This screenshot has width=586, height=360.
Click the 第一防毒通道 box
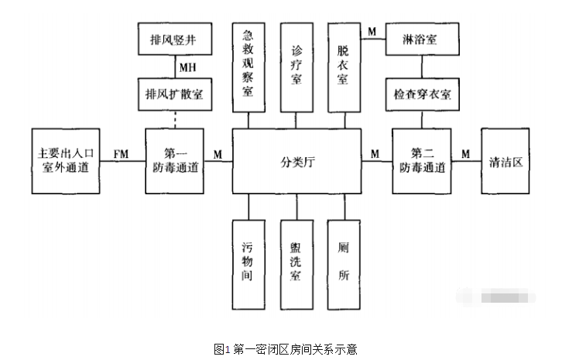[x=173, y=161]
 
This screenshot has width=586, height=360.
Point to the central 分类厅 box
[x=296, y=162]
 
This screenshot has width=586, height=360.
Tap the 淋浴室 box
[x=421, y=39]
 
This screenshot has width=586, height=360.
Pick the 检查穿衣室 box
[x=421, y=94]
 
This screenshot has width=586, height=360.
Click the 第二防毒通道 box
[x=421, y=161]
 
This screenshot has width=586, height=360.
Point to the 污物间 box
[x=249, y=262]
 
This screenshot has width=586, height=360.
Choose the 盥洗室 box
[x=296, y=262]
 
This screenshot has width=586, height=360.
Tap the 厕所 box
[x=343, y=262]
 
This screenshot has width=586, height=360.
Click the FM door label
[x=121, y=155]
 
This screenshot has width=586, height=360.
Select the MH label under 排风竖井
[x=187, y=67]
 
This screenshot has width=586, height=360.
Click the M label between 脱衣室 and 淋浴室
[x=372, y=31]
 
